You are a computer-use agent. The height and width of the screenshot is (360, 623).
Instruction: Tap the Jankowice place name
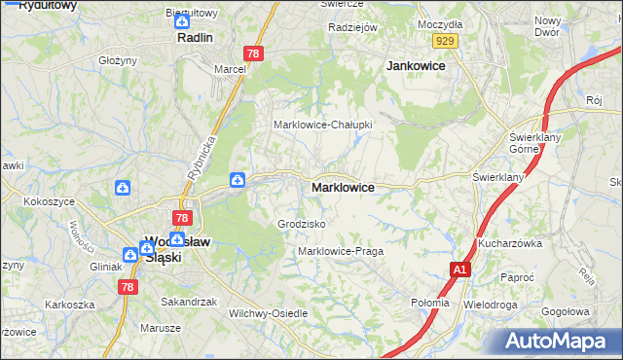416,65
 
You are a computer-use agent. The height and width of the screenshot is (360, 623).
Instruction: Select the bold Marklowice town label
343,187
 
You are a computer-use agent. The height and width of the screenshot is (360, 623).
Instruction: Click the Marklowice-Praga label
341,251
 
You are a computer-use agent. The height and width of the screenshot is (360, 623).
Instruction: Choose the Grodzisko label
301,224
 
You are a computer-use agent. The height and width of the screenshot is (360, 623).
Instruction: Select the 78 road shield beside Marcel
254,54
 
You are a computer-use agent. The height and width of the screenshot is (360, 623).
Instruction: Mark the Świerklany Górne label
531,144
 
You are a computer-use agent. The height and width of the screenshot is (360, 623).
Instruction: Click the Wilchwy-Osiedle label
268,313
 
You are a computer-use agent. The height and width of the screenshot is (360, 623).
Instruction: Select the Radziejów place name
352,28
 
